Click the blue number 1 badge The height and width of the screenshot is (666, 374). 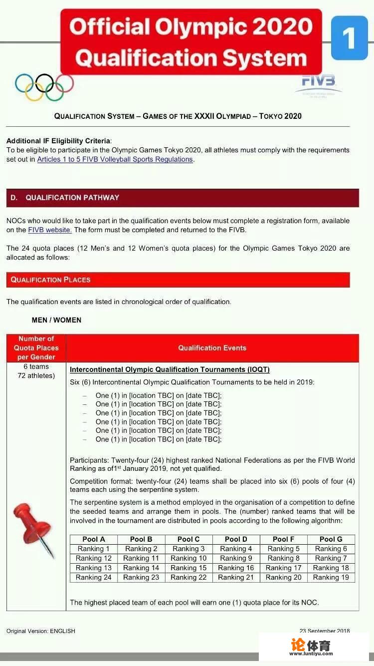tap(349, 38)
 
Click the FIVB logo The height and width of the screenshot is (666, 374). tap(318, 85)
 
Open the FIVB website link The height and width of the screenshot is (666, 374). tap(50, 230)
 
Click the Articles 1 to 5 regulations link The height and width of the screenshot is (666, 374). tap(115, 159)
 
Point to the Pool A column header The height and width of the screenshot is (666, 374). tap(94, 539)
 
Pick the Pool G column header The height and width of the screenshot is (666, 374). tap(331, 539)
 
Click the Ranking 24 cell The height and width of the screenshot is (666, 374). tap(94, 577)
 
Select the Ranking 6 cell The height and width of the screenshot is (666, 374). tap(331, 549)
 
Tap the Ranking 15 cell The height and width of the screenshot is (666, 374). tap(188, 568)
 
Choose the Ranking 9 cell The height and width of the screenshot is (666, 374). tap(236, 558)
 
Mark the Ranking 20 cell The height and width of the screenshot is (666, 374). tap(283, 577)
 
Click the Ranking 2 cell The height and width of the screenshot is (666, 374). tap(141, 549)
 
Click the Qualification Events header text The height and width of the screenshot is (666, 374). tap(212, 348)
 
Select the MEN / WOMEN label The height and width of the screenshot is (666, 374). tap(56, 320)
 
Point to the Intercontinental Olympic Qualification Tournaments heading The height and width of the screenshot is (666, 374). tap(170, 369)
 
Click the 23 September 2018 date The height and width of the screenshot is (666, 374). tap(325, 631)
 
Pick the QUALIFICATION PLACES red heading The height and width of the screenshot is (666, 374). tap(50, 280)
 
